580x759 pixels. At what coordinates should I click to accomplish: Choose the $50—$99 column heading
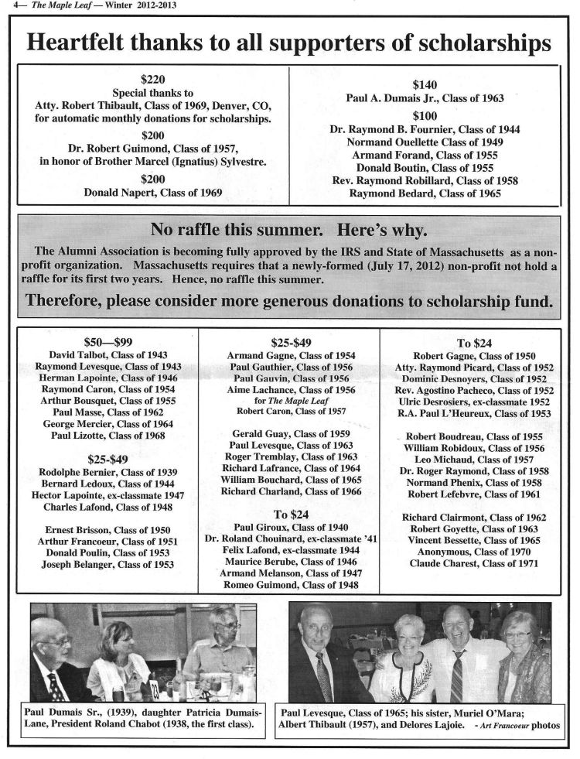[x=107, y=340]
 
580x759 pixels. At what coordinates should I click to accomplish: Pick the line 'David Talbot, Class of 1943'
[x=107, y=354]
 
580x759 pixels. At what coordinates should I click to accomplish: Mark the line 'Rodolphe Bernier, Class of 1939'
[x=107, y=471]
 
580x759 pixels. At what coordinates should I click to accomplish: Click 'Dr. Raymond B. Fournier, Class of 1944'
[x=425, y=129]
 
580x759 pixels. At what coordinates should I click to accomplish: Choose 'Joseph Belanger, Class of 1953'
[x=107, y=565]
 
